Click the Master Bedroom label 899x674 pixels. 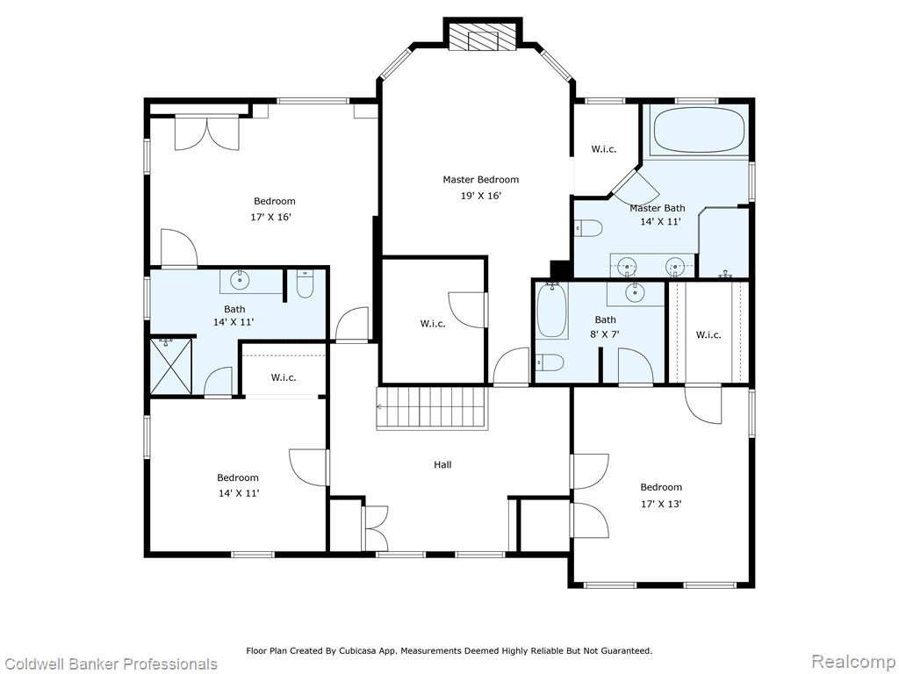(x=480, y=179)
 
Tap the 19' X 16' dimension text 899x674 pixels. (x=481, y=196)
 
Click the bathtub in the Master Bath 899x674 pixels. (x=699, y=130)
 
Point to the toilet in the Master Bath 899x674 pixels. (x=588, y=228)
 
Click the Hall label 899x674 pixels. (x=442, y=465)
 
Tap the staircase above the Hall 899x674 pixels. (x=432, y=407)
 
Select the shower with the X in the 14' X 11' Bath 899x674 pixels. (x=171, y=367)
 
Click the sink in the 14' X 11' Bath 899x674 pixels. (x=239, y=280)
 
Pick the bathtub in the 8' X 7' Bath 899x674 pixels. (x=551, y=310)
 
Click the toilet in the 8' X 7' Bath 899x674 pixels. (x=550, y=362)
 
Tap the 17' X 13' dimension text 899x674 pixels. (x=661, y=505)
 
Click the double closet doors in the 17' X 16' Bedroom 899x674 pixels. (x=207, y=133)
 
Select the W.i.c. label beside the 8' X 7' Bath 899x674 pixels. (x=708, y=334)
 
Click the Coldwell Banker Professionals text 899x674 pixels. (x=110, y=663)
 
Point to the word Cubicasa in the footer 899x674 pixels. (x=357, y=650)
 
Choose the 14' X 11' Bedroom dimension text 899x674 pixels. (x=239, y=493)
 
